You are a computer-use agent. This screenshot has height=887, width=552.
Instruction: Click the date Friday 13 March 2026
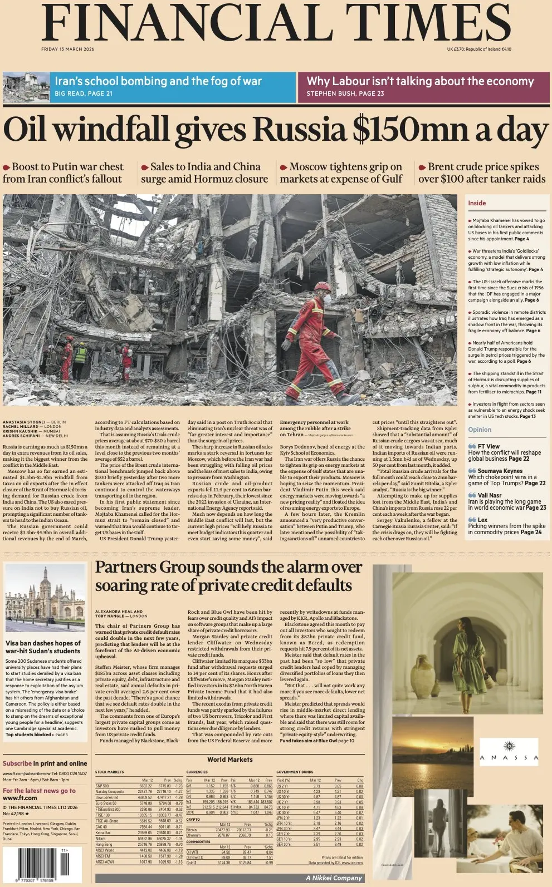click(67, 49)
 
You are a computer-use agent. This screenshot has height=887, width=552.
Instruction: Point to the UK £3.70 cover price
click(459, 49)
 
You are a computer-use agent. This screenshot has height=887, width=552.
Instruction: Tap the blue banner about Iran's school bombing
click(173, 87)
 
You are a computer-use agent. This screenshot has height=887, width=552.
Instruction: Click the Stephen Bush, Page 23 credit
click(345, 93)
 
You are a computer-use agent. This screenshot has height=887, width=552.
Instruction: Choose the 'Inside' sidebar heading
click(477, 203)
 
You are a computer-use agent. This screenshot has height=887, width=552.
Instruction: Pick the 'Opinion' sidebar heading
click(480, 430)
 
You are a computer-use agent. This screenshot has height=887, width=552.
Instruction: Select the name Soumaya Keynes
click(500, 471)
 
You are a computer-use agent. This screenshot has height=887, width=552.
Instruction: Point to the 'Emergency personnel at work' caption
click(314, 422)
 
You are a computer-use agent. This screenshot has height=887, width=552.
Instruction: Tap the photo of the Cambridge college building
click(45, 599)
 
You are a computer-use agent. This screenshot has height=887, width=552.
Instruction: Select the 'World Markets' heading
click(229, 759)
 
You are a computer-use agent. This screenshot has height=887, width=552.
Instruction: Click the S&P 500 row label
click(102, 786)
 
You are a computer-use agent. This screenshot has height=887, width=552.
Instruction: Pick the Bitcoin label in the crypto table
click(192, 830)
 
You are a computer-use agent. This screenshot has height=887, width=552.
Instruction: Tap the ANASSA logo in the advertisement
click(509, 752)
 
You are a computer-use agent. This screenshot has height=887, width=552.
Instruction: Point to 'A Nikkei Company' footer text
click(334, 878)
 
